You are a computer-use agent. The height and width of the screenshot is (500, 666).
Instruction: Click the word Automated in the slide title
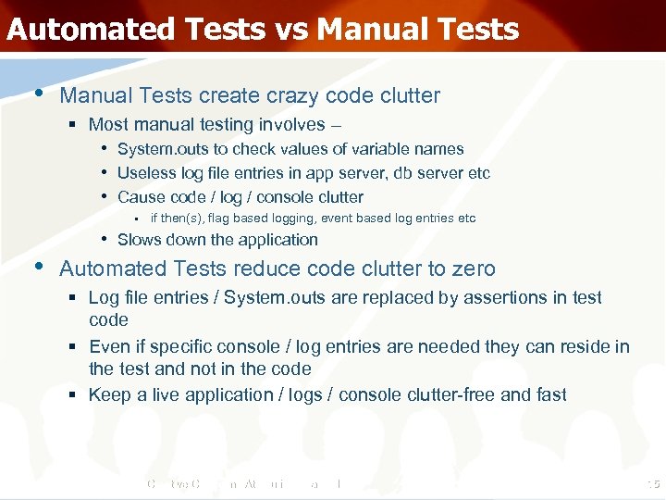[x=91, y=29]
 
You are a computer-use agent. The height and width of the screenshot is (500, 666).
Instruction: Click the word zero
[x=474, y=269]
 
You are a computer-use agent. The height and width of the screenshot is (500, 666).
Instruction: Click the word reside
[x=581, y=346]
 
